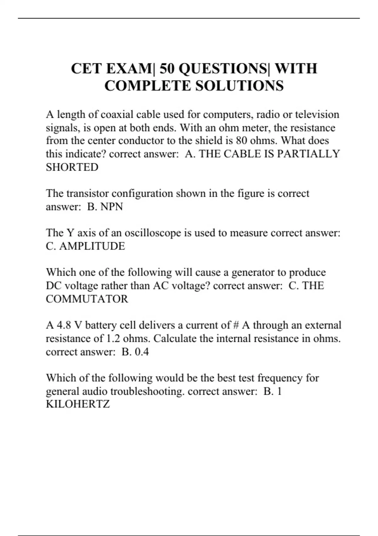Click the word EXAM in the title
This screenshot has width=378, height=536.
coord(129,69)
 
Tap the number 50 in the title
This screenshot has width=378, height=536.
coord(167,69)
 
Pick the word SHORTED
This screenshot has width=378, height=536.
coord(72,167)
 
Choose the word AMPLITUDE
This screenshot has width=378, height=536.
coord(92,246)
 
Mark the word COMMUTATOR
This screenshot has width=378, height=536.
coord(87,299)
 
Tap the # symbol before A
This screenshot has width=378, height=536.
coord(236,325)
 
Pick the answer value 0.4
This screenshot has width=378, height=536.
coord(142,352)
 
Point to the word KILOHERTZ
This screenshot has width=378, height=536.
coord(78,404)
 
